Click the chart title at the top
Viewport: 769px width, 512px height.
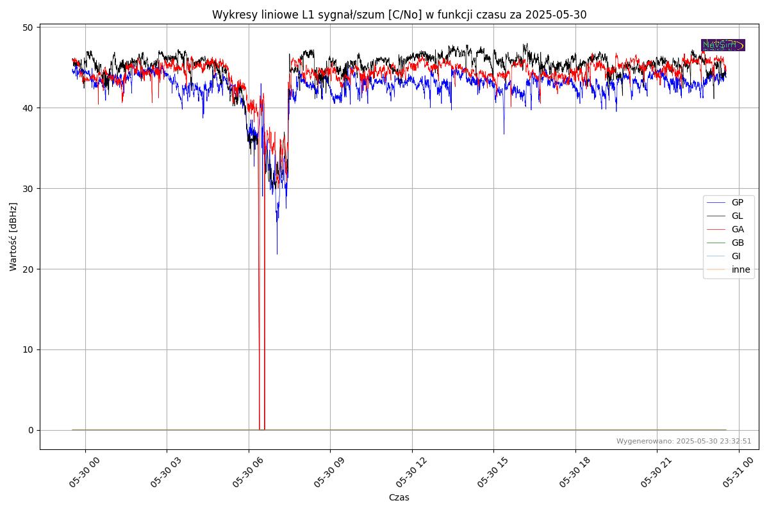click(399, 15)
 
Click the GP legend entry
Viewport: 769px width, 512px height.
click(737, 202)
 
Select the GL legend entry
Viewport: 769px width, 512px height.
click(737, 216)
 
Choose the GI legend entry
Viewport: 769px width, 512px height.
click(736, 256)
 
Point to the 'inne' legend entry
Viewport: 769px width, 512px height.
click(740, 269)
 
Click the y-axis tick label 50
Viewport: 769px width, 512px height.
click(28, 28)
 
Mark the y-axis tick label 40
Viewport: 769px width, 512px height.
click(28, 108)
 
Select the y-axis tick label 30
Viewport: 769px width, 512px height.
click(28, 189)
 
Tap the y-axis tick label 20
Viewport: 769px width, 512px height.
click(28, 269)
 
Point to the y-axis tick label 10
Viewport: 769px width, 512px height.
click(28, 349)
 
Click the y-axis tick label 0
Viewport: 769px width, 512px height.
click(30, 430)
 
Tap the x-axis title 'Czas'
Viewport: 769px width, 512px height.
click(399, 497)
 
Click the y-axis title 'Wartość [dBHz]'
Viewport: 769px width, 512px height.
click(13, 236)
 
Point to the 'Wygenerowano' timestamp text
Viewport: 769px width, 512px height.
click(684, 441)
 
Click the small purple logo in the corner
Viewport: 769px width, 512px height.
click(723, 45)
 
